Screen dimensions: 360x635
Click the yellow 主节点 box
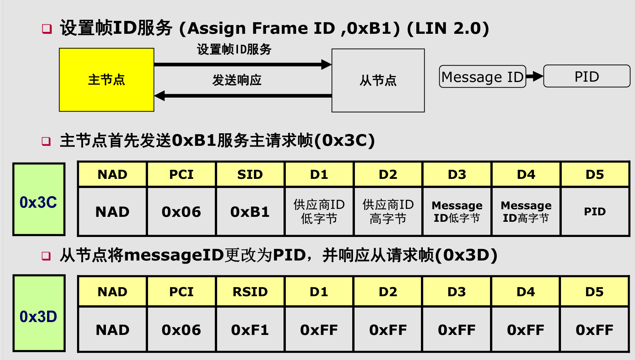(107, 80)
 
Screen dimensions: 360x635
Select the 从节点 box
(378, 80)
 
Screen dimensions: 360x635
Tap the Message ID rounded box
(482, 77)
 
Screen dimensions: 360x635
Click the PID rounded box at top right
(587, 76)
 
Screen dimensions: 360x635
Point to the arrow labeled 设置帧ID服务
(243, 65)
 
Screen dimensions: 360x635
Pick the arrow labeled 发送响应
(243, 96)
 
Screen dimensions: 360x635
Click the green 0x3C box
(39, 199)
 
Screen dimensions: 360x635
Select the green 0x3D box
(39, 313)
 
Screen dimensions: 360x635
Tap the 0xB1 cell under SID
(250, 212)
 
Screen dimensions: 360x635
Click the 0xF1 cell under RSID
(250, 330)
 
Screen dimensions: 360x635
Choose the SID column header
(250, 174)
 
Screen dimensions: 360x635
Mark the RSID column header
(250, 292)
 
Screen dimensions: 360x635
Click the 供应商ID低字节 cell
(319, 212)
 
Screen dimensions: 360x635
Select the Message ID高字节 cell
(526, 212)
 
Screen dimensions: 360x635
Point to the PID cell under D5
(595, 212)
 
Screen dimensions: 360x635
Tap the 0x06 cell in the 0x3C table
(181, 212)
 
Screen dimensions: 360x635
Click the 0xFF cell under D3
(457, 330)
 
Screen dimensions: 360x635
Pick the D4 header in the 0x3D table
(526, 292)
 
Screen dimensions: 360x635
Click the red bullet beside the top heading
(47, 29)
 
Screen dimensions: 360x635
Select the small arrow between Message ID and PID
(534, 76)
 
